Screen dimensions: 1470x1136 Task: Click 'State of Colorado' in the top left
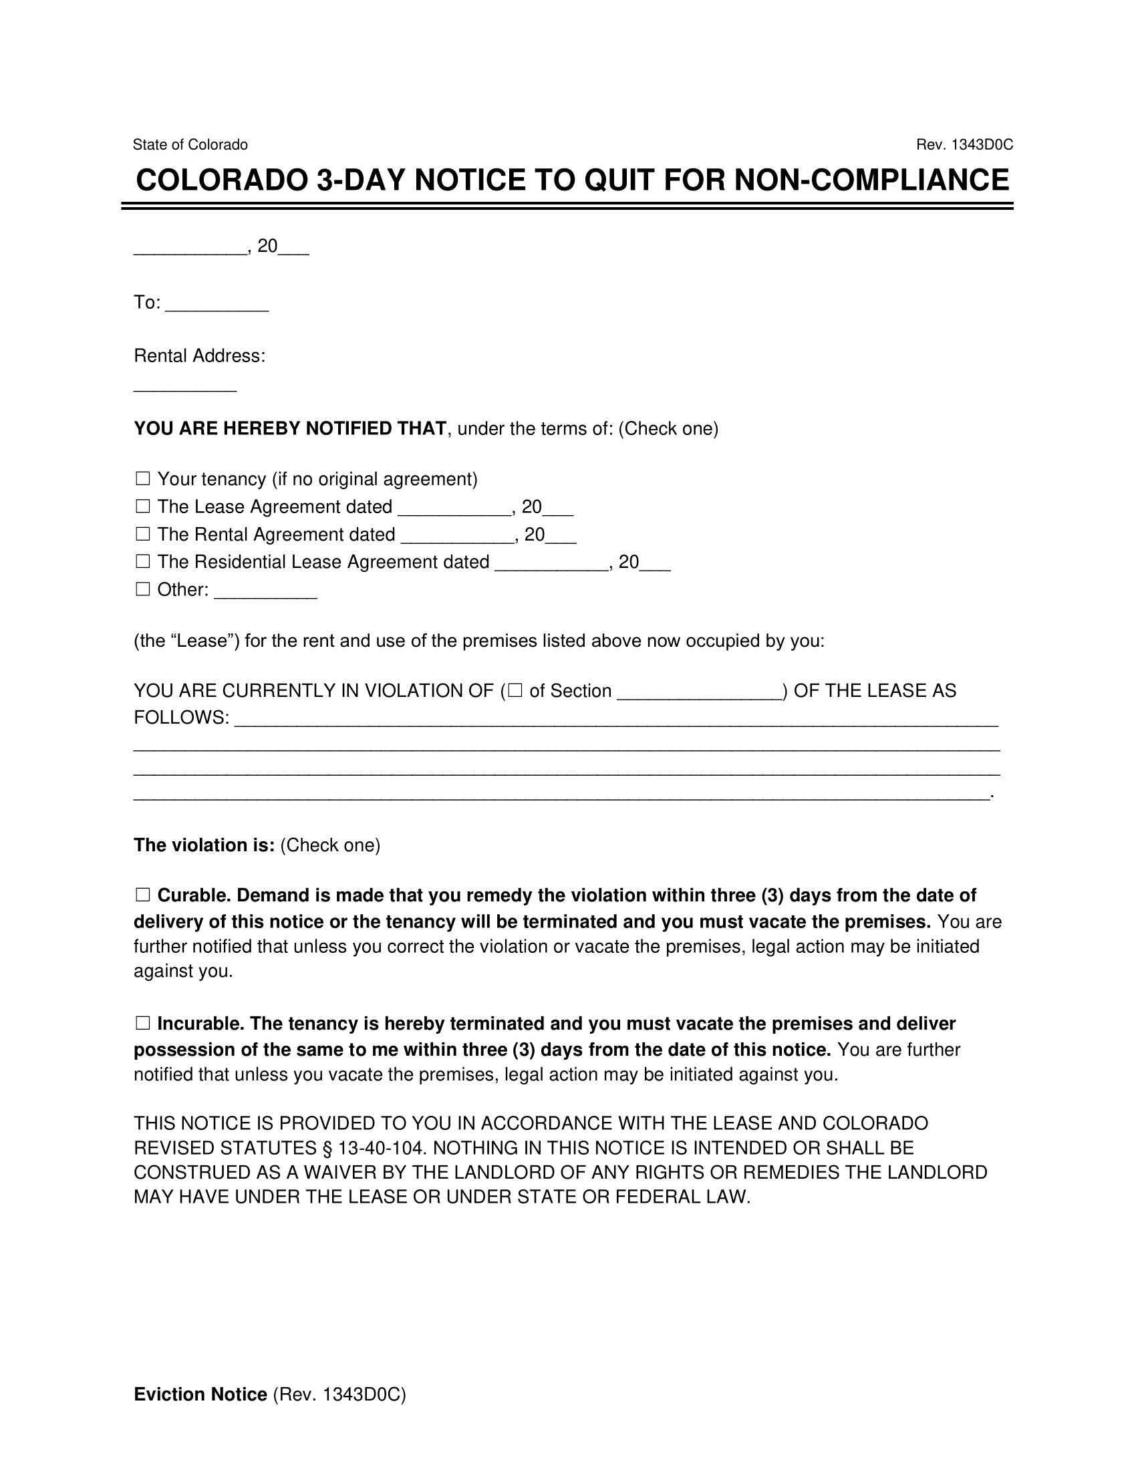(190, 145)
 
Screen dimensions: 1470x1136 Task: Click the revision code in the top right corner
(964, 145)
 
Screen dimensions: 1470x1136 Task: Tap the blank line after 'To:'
(217, 304)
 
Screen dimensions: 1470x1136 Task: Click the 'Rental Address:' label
(199, 355)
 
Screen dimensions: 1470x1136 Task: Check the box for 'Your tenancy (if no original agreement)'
(143, 479)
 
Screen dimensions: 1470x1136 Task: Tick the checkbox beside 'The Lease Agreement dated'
(143, 507)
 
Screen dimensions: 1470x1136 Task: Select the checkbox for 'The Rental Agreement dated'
(143, 535)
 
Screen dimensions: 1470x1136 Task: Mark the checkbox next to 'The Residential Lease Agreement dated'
(143, 562)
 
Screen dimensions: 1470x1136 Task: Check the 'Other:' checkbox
(143, 589)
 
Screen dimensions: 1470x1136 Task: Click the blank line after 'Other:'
(265, 592)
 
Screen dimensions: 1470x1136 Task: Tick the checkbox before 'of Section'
(515, 691)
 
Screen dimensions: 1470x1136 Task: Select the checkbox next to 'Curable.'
(143, 895)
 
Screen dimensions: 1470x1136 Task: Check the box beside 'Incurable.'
(143, 1024)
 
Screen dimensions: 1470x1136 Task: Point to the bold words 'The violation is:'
(204, 845)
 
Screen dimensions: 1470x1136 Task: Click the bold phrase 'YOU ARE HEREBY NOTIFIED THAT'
(290, 429)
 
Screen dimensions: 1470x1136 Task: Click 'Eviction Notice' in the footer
(200, 1394)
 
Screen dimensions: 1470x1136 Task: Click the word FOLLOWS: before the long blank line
(181, 718)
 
